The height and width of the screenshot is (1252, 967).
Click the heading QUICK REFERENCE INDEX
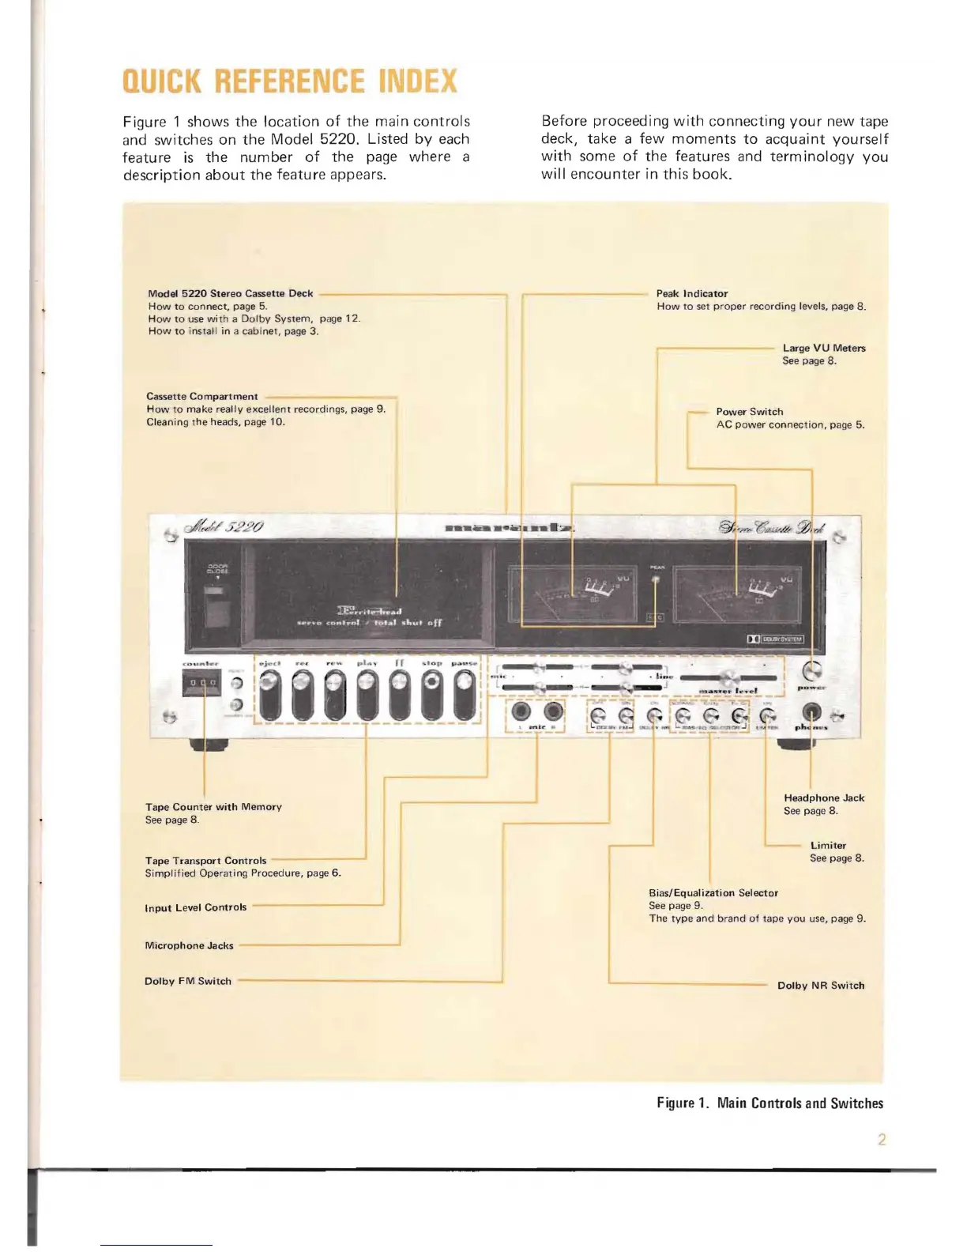coord(290,81)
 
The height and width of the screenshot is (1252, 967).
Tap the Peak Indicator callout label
coord(691,294)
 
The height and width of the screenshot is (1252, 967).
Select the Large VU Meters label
coord(823,348)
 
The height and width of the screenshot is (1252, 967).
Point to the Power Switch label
coord(749,412)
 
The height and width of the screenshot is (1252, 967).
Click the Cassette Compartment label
coord(201,397)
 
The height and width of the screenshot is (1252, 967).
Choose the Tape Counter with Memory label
coord(213,807)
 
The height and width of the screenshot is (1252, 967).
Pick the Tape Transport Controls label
coord(205,861)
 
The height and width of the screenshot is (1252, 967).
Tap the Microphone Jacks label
coord(189,945)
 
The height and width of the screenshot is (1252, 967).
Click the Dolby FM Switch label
coord(187,981)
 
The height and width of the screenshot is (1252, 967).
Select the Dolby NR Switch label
coord(820,986)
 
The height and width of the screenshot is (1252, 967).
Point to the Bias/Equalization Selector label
coord(713,893)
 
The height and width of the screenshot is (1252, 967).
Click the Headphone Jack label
coord(823,798)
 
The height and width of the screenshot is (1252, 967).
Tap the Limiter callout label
coord(827,846)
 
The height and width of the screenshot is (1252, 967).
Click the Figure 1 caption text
coord(769,1103)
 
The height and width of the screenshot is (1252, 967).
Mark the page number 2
coord(882,1139)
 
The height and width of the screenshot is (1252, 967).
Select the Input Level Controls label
coord(195,907)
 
